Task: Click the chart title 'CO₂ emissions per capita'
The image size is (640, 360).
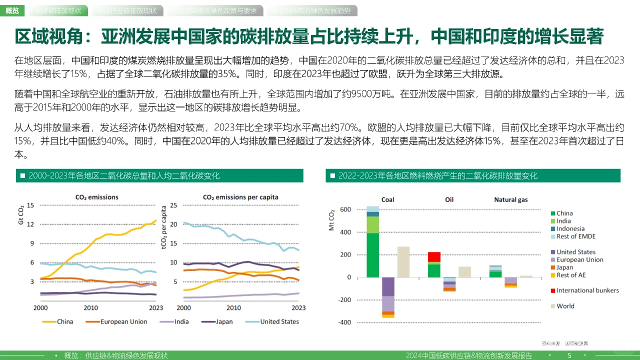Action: click(x=240, y=197)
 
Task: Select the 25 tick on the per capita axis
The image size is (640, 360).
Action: click(x=174, y=205)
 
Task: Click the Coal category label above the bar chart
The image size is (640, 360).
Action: click(x=387, y=199)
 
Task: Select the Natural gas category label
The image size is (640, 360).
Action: click(x=510, y=199)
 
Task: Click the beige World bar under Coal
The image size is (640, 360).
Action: click(x=403, y=261)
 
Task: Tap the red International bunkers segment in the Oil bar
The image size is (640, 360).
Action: click(x=434, y=256)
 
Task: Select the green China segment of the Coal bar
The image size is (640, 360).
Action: click(x=372, y=255)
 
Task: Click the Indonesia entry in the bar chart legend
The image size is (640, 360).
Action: click(x=570, y=228)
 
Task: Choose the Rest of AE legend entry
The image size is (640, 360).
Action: click(x=570, y=275)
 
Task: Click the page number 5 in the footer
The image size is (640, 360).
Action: click(x=569, y=355)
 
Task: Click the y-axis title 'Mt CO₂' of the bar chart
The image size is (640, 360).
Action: click(x=331, y=220)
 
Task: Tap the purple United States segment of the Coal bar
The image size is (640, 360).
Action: click(x=387, y=286)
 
